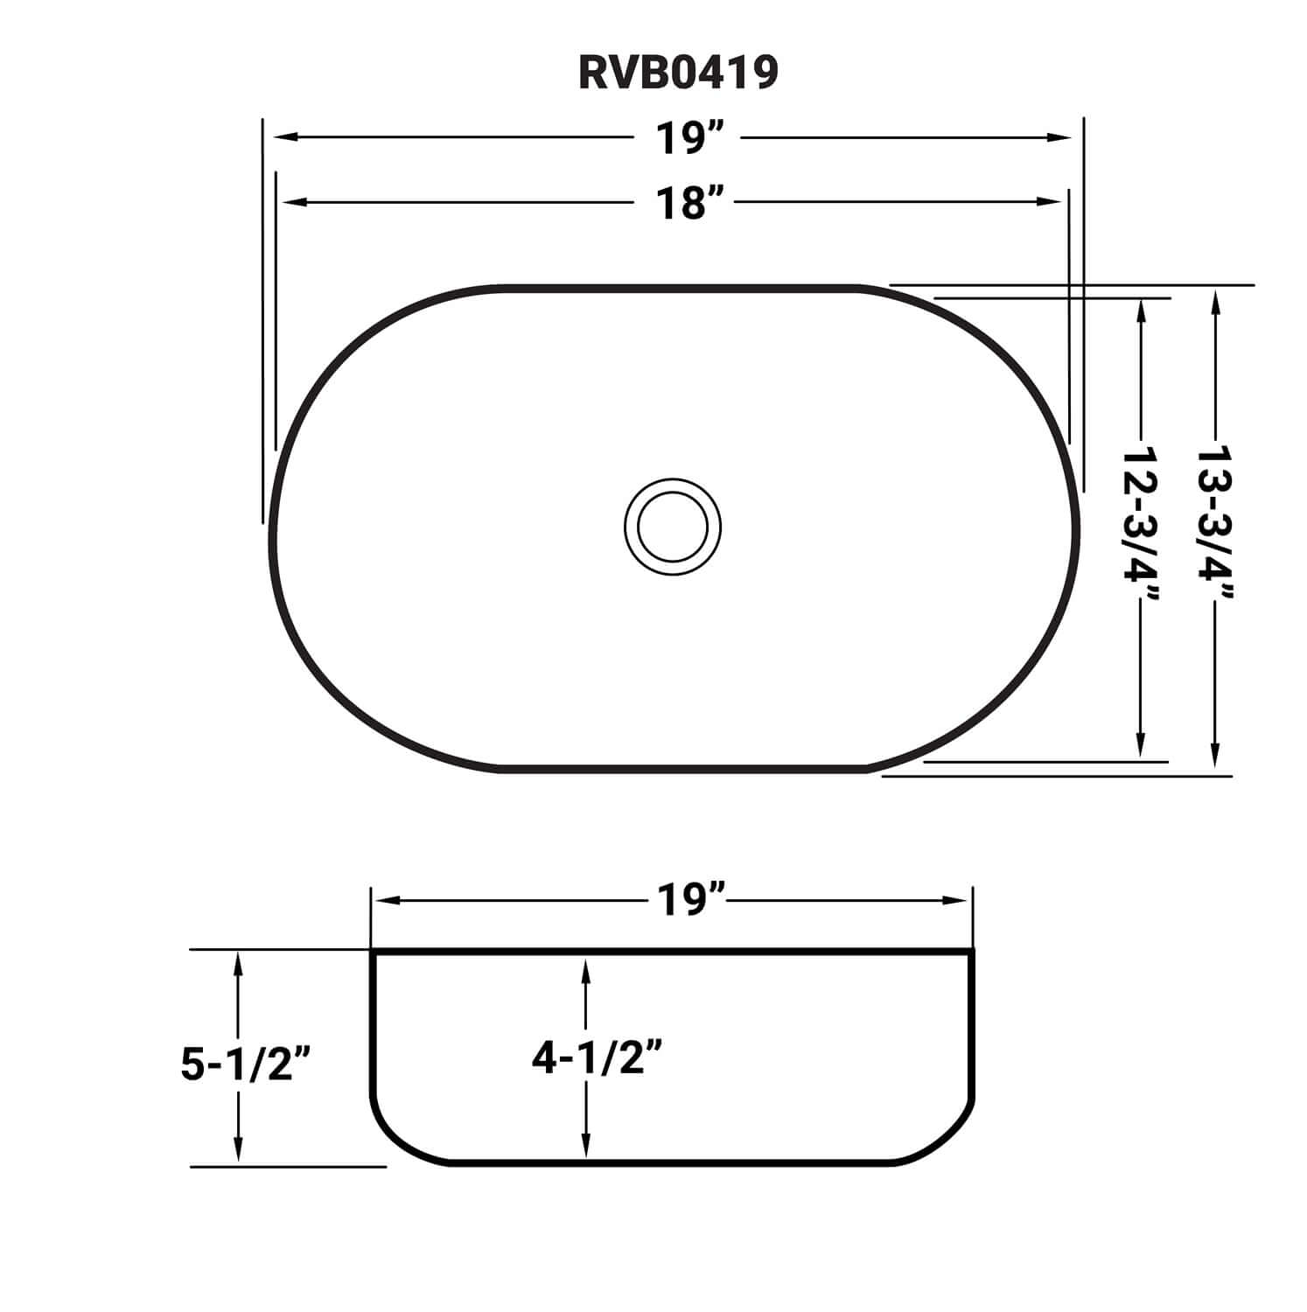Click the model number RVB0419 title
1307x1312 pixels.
678,73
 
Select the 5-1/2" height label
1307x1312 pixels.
246,1064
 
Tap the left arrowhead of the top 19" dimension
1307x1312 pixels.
285,137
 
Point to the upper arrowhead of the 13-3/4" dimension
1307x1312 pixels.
1214,302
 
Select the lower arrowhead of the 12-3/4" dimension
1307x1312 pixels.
1140,748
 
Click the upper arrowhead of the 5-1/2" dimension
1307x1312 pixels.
237,963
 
